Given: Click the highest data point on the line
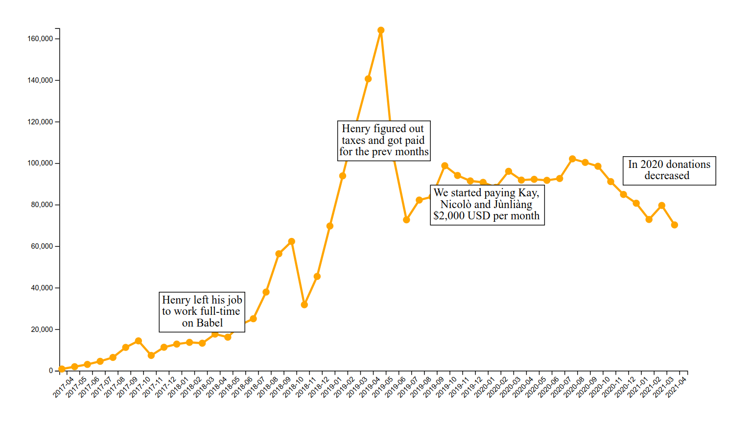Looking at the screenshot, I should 381,30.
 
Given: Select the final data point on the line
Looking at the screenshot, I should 675,225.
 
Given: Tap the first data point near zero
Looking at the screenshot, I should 62,369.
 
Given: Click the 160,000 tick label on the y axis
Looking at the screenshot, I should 40,39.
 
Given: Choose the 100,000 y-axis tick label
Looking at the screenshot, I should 40,163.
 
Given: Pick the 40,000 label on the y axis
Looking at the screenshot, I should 42,288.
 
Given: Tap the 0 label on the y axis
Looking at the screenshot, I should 51,371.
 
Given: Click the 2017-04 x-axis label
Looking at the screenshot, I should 64,386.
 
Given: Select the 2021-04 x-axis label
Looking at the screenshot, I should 676,386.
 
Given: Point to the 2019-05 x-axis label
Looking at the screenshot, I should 383,386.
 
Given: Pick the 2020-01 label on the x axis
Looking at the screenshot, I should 485,386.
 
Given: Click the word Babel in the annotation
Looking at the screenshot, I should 209,323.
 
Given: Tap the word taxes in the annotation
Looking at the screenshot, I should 353,141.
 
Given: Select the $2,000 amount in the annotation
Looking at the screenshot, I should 448,216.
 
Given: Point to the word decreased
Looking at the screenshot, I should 667,176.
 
